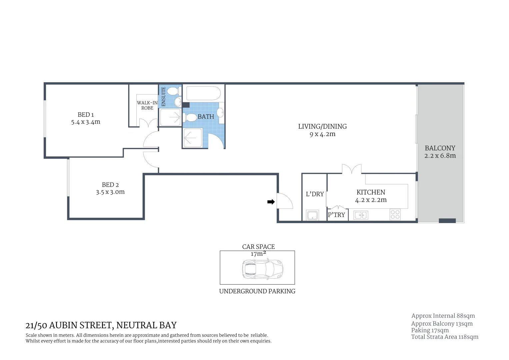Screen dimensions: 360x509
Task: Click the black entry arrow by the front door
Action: (271, 202)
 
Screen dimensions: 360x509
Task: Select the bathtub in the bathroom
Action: (203, 94)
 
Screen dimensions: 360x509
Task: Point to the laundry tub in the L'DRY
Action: (312, 215)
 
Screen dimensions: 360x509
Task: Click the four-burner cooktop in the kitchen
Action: (395, 214)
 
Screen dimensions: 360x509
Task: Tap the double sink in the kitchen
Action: (361, 215)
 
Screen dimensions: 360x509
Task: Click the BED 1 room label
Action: (86, 115)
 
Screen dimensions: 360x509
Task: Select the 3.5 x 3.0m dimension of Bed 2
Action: (110, 192)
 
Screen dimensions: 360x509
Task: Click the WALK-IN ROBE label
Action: (147, 105)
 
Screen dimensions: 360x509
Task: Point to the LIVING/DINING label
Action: (322, 126)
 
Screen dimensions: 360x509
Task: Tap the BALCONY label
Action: (440, 148)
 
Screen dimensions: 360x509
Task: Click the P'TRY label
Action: (336, 215)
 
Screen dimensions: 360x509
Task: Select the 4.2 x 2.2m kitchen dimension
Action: (371, 200)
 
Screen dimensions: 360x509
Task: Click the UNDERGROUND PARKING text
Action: (257, 291)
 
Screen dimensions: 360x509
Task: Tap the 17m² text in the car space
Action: (258, 254)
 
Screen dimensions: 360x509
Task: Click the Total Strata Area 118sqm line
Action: (444, 337)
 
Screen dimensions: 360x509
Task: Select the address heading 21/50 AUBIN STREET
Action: (101, 325)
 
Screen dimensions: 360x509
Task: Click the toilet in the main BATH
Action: (191, 117)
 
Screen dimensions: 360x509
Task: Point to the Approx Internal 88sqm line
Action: (443, 316)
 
